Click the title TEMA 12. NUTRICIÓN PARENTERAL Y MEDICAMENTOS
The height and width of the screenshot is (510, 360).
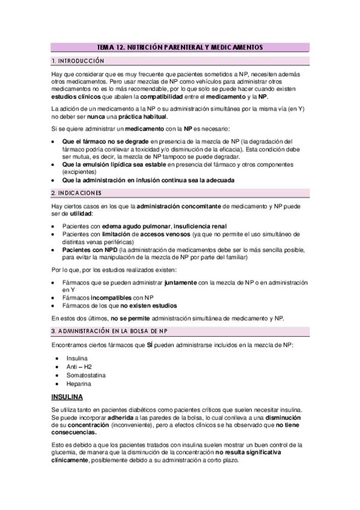tap(180, 47)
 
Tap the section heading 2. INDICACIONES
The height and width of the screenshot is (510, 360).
tap(76, 193)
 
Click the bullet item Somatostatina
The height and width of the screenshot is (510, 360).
tap(87, 375)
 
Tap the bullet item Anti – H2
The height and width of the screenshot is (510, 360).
tap(79, 366)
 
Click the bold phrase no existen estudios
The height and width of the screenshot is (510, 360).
tap(142, 306)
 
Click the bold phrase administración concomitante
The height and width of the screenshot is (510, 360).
tap(178, 206)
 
